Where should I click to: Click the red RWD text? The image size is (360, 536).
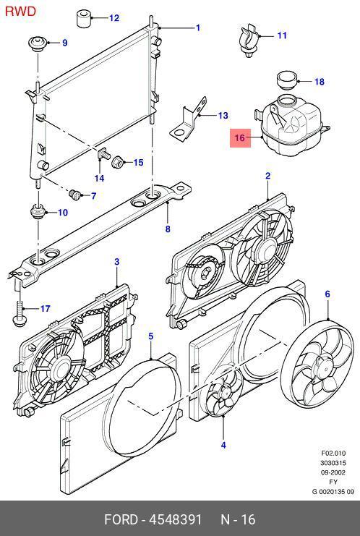pos(20,12)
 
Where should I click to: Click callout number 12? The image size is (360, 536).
pos(114,18)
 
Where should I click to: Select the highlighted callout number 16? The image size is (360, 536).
pos(240,137)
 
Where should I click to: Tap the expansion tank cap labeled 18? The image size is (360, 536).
pos(287,81)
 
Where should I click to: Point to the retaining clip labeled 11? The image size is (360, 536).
pos(248,40)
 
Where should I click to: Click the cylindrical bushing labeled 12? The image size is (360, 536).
pos(83,19)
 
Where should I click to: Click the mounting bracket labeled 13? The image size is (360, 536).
pos(189,119)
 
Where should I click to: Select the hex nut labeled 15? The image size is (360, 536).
pos(118,162)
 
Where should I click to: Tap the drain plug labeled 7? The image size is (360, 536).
pos(74,195)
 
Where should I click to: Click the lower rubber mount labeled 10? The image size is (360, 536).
pos(38,212)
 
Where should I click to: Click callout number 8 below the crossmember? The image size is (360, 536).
pos(168,229)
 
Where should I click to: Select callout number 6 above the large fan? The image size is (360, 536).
pos(327,294)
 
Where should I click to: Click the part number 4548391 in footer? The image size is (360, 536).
pos(175,519)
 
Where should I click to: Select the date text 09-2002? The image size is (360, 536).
pos(333,472)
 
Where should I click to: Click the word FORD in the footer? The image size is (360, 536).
pos(121,519)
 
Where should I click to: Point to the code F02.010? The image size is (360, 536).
pos(333,454)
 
